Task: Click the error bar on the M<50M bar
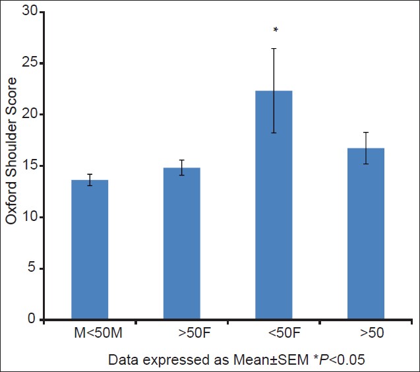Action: click(x=90, y=179)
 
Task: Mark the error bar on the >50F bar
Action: click(x=182, y=168)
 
